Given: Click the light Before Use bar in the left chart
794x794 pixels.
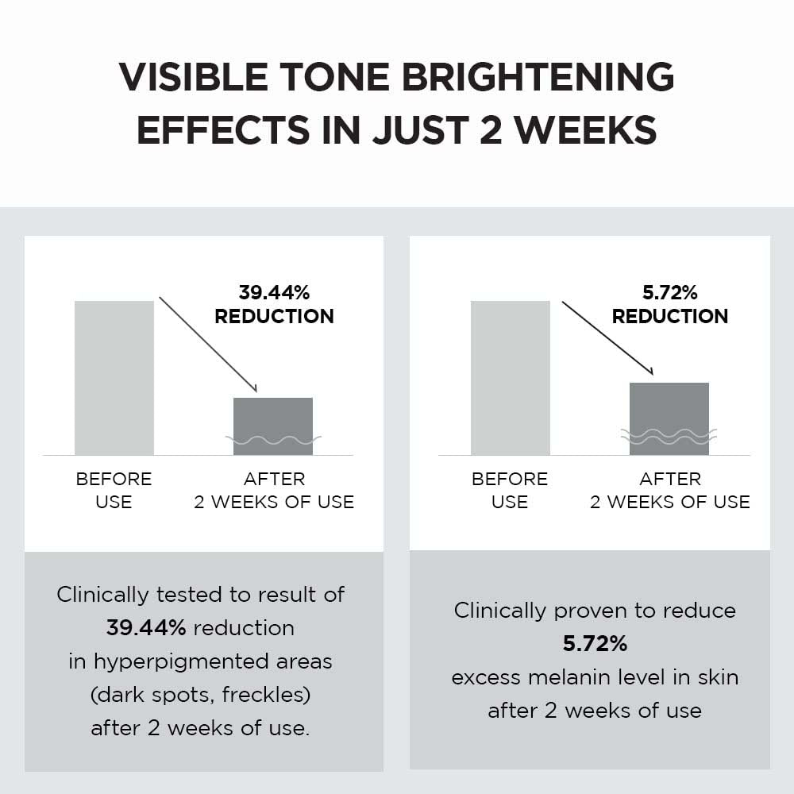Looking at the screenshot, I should click(x=114, y=378).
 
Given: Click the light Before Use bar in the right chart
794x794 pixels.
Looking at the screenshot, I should click(x=510, y=378).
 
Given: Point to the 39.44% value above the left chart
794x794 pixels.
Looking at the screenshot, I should click(x=274, y=292).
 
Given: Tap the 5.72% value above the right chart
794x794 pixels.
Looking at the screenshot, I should click(x=669, y=292).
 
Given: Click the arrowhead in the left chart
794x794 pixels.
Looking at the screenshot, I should click(x=254, y=388).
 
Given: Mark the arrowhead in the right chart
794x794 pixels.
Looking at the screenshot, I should click(x=649, y=371).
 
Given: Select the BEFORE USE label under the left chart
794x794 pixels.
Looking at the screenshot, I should click(x=114, y=491).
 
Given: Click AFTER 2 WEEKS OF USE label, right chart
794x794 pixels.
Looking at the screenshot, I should click(x=669, y=491).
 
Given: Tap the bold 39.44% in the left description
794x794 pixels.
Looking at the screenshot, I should click(x=146, y=628).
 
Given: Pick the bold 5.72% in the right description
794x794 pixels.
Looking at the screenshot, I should click(x=595, y=644).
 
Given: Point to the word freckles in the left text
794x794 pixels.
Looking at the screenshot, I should click(x=265, y=695).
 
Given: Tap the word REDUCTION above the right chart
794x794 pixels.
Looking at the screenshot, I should click(x=669, y=316).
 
